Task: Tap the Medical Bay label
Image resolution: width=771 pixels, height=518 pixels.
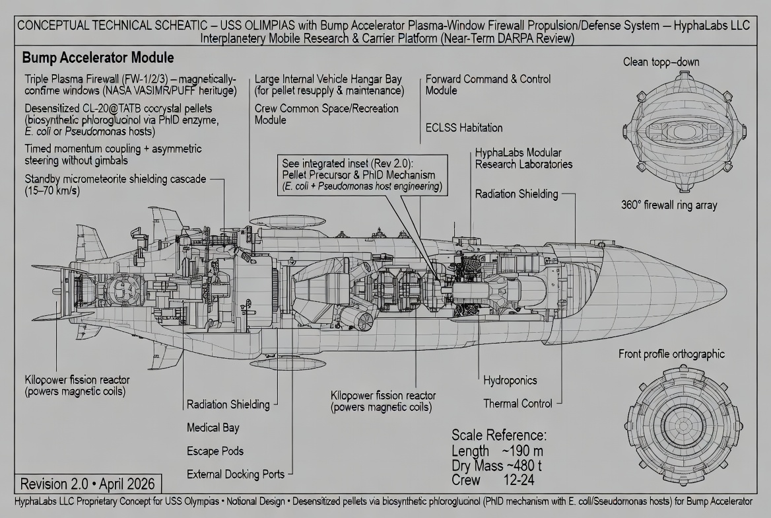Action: (213, 427)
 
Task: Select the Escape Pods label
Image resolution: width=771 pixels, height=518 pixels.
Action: (215, 451)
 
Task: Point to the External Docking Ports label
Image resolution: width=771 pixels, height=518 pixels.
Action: (236, 474)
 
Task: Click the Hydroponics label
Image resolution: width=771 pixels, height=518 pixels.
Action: (510, 381)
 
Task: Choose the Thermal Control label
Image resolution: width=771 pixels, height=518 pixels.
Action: (518, 403)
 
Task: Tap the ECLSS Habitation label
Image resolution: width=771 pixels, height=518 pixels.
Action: (463, 128)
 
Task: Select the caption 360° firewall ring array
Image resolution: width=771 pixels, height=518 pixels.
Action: (669, 205)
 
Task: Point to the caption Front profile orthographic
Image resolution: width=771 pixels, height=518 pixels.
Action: (671, 354)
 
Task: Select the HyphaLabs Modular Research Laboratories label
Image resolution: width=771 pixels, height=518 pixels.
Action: (523, 158)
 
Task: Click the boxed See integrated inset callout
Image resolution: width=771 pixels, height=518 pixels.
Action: (361, 174)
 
